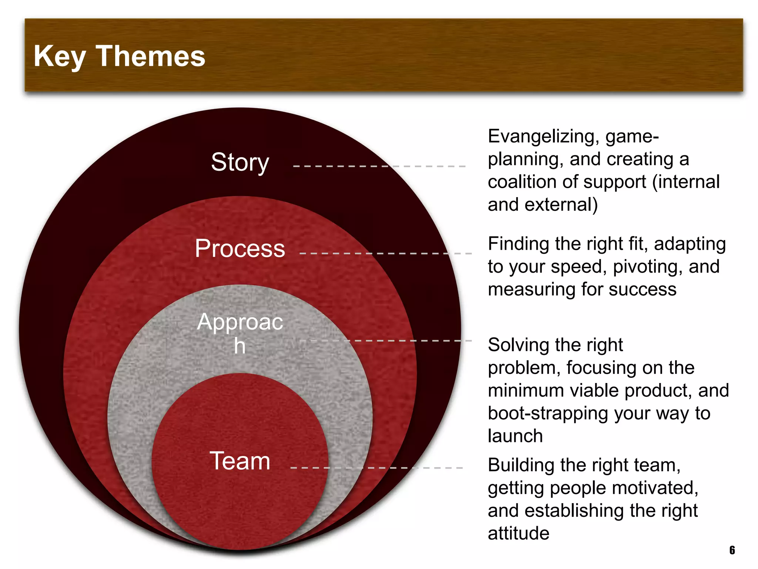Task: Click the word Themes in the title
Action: pos(151,56)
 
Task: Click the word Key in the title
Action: pos(59,56)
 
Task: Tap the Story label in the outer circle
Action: pos(240,162)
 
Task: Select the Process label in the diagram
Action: pos(240,248)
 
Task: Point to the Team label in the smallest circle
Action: pos(240,461)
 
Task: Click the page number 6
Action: pos(732,550)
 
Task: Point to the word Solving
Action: pos(514,345)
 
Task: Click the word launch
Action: pos(515,436)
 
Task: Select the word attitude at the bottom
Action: pos(519,533)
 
